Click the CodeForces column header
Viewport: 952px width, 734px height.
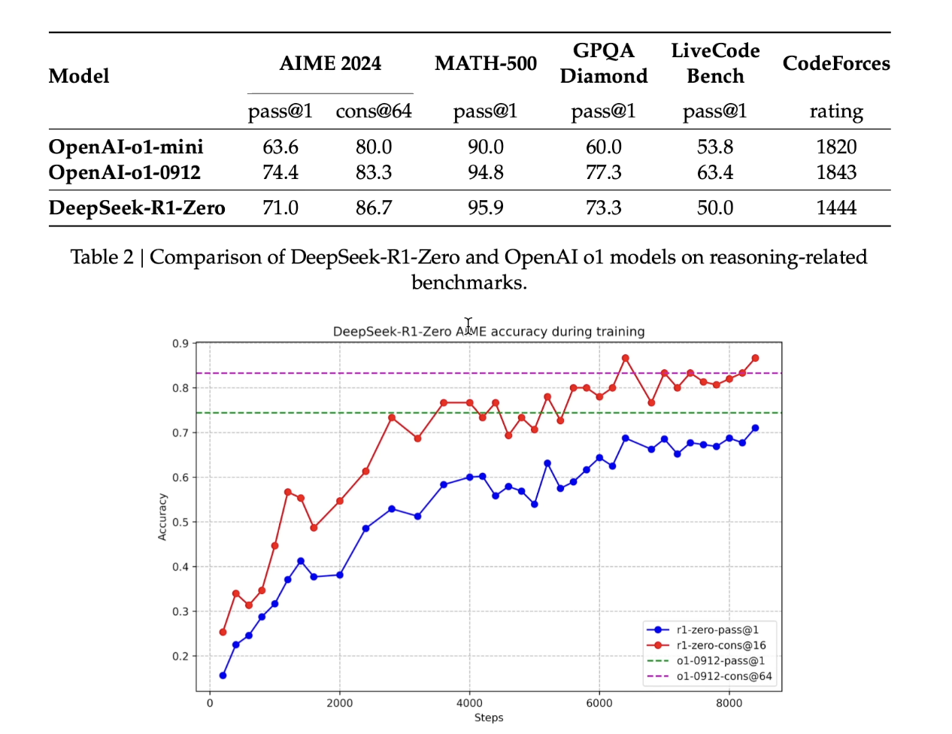(835, 63)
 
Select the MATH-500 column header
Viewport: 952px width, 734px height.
(485, 63)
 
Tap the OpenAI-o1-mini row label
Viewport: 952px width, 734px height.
(126, 147)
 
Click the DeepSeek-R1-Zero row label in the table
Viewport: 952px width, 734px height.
(137, 208)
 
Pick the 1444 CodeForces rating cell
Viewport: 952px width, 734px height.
(835, 208)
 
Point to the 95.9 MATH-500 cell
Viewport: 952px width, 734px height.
(485, 208)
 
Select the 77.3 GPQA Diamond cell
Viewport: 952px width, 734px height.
(603, 172)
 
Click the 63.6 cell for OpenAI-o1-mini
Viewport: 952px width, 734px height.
(280, 147)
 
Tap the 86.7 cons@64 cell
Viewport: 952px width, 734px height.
(374, 208)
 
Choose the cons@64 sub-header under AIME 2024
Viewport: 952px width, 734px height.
(374, 111)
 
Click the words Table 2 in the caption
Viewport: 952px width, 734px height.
(102, 257)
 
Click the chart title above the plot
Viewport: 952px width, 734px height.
(489, 331)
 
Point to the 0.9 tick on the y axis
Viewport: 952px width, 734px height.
(180, 344)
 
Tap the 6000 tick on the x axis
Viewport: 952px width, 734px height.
(599, 703)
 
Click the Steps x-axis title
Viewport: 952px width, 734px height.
(489, 717)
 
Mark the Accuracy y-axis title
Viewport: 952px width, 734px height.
(162, 517)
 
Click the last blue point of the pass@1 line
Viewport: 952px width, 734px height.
(755, 428)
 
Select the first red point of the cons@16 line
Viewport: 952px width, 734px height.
(223, 632)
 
